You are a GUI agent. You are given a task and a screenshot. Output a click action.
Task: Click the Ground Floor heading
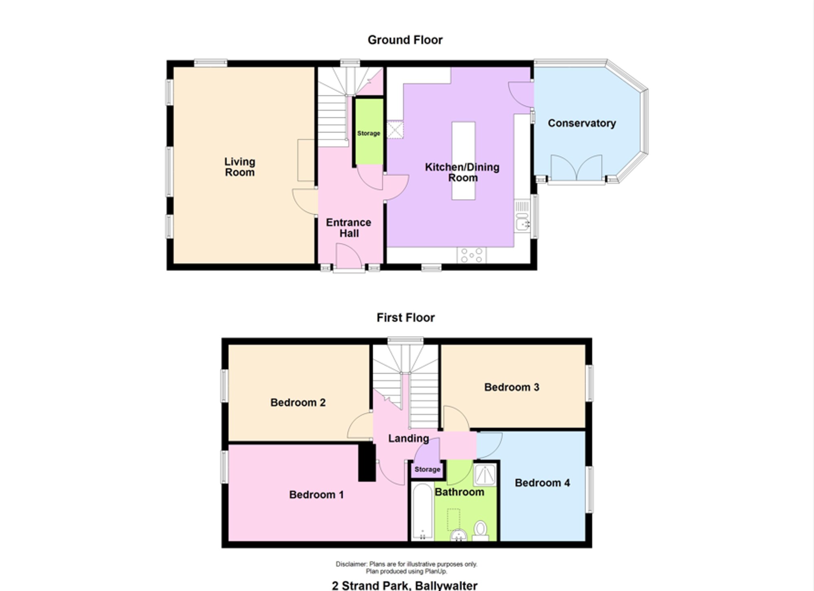(x=405, y=40)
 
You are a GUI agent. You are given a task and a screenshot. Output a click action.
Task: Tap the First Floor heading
(x=405, y=317)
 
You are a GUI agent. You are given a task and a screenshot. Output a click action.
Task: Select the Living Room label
(x=240, y=167)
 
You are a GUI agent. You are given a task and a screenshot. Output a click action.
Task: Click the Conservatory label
(x=582, y=123)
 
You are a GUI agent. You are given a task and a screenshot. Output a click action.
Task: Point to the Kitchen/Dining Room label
(x=462, y=172)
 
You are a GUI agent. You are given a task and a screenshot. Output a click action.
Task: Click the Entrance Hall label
(x=349, y=228)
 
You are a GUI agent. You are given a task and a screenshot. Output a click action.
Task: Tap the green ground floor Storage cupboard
(x=369, y=131)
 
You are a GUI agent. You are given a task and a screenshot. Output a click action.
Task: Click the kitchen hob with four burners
(x=472, y=255)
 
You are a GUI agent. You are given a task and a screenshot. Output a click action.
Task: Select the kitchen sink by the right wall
(x=522, y=216)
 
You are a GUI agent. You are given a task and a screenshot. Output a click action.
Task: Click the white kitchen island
(x=464, y=161)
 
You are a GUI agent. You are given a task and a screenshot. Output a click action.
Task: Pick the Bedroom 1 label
(x=316, y=495)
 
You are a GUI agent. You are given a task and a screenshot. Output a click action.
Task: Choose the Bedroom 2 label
(x=298, y=403)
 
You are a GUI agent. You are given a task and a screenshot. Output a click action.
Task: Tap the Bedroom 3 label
(x=512, y=387)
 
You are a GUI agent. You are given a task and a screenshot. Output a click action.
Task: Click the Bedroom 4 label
(x=542, y=483)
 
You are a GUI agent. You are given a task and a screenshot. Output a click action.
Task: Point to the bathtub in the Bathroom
(x=422, y=511)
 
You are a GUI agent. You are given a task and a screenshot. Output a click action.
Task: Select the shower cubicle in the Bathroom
(x=485, y=474)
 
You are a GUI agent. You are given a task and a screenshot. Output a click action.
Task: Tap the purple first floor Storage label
(x=427, y=469)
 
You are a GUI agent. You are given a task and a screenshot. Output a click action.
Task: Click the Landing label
(x=408, y=438)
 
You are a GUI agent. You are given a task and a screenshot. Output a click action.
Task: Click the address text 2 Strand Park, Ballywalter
(x=405, y=586)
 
